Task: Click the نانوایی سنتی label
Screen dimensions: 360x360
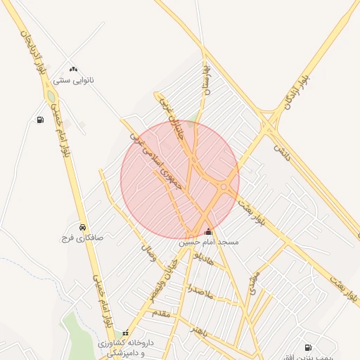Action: tap(74, 80)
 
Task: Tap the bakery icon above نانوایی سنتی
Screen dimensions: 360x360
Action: tap(73, 69)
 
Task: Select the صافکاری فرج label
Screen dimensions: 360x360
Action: tap(82, 238)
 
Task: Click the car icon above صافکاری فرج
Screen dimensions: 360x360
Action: tap(83, 227)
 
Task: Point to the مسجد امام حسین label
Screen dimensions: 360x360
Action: tap(208, 242)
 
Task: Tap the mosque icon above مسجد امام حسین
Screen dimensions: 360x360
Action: tap(207, 231)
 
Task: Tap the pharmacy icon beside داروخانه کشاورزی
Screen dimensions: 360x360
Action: tap(125, 333)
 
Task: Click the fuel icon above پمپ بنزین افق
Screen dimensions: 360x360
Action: tap(307, 347)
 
